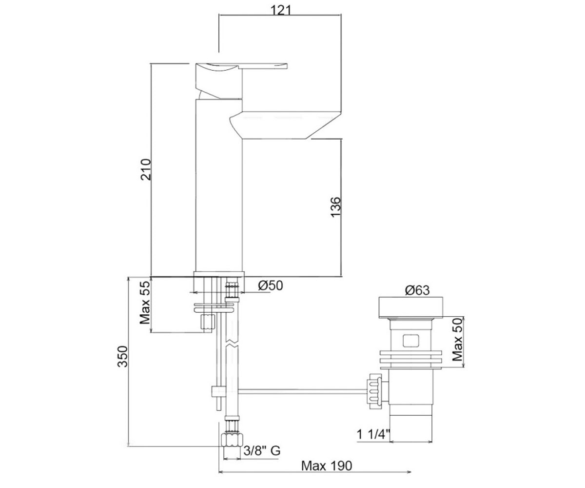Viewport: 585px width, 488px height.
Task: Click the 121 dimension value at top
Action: click(281, 11)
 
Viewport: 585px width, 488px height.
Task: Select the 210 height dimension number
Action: click(146, 169)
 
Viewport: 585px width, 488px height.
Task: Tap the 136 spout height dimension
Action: click(336, 207)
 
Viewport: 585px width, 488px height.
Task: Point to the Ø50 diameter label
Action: click(271, 285)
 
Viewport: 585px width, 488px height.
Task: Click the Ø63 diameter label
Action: click(417, 290)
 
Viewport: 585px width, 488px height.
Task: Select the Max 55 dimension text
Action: click(145, 303)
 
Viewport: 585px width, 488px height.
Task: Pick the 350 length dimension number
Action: click(122, 356)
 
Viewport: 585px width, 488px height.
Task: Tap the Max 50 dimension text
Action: click(458, 339)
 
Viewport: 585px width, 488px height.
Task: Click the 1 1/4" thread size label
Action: click(373, 435)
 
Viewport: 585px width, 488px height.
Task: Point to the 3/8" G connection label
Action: click(262, 451)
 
